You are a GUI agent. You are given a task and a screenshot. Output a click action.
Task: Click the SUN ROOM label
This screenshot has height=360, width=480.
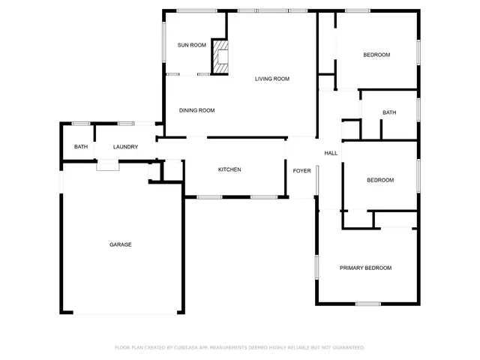pyautogui.click(x=191, y=45)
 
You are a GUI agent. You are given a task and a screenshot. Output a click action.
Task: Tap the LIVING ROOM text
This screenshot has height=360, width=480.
pyautogui.click(x=271, y=79)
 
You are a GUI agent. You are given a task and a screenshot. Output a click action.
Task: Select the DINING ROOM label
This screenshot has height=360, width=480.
pyautogui.click(x=196, y=110)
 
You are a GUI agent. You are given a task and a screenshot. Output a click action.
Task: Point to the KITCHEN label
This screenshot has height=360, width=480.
pyautogui.click(x=229, y=169)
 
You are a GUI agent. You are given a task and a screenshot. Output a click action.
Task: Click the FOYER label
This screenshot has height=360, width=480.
pyautogui.click(x=301, y=171)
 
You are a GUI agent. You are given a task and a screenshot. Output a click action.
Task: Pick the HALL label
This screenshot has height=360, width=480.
pyautogui.click(x=331, y=153)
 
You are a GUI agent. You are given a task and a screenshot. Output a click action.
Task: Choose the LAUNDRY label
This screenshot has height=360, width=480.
pyautogui.click(x=125, y=147)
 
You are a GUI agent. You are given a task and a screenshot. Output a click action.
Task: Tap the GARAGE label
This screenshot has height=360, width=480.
pyautogui.click(x=121, y=244)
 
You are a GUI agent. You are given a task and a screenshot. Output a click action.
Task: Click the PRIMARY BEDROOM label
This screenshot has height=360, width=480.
pyautogui.click(x=365, y=268)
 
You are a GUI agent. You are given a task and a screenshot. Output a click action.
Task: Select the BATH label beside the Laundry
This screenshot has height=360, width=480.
pyautogui.click(x=80, y=147)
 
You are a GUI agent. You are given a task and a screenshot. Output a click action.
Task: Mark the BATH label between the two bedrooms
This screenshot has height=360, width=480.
pyautogui.click(x=388, y=113)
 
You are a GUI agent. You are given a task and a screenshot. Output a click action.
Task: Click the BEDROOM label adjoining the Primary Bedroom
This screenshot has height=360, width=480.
pyautogui.click(x=379, y=180)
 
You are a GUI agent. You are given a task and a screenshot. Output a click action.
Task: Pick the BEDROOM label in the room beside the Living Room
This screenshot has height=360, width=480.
pyautogui.click(x=376, y=55)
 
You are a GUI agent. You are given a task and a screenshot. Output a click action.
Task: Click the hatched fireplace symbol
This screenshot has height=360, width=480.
pyautogui.click(x=220, y=56)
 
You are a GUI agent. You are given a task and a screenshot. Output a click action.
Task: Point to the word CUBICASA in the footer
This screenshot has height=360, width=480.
pyautogui.click(x=186, y=347)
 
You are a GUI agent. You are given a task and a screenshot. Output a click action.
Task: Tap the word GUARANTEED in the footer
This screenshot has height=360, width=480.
pyautogui.click(x=349, y=347)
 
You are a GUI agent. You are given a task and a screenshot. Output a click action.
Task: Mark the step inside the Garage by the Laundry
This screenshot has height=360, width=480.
pyautogui.click(x=107, y=166)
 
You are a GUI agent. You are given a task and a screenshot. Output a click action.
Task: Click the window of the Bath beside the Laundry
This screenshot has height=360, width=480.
pyautogui.click(x=81, y=123)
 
